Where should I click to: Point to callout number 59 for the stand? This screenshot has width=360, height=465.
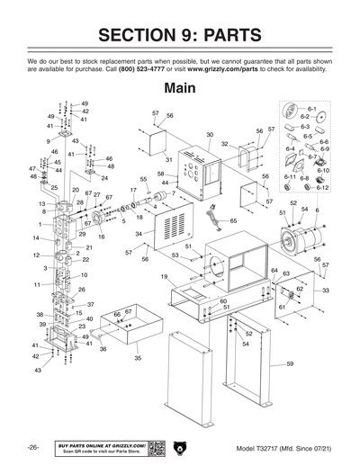click(290, 363)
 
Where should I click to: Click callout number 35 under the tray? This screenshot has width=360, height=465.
click(138, 358)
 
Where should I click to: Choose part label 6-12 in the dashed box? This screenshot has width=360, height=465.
click(322, 187)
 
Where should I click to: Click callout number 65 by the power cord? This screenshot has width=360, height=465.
click(233, 220)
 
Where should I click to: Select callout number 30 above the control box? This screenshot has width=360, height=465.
click(209, 135)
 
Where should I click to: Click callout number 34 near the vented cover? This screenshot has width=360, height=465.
click(139, 234)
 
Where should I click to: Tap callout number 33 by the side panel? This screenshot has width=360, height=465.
click(325, 291)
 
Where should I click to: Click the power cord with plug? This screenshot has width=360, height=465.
click(217, 215)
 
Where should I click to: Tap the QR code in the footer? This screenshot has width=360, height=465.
click(156, 448)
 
